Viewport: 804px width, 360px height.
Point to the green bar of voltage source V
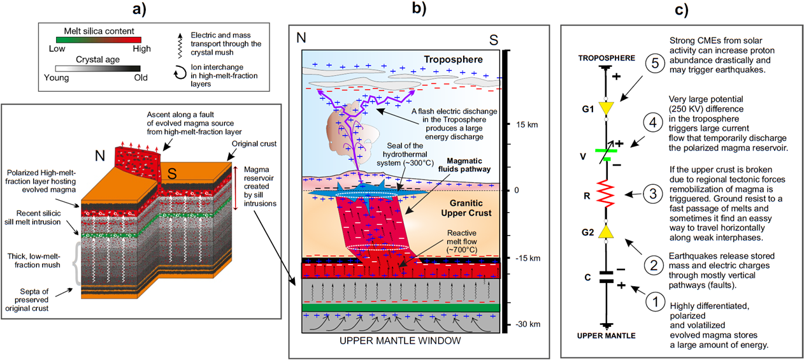(603, 150)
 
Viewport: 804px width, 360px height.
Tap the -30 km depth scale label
(527, 324)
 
